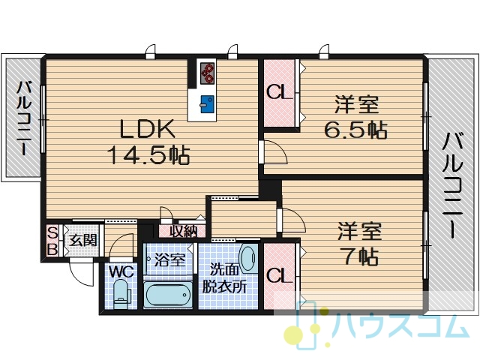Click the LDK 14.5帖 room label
coord(148,142)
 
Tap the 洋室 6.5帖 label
coord(356,117)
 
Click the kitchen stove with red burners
coord(208,73)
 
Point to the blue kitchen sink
coord(207,104)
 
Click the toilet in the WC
coord(121,293)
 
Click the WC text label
coord(121,271)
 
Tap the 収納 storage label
coord(183,231)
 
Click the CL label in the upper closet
coord(278,91)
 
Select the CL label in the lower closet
coord(278,276)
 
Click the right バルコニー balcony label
coord(453,184)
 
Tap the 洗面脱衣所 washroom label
coord(224,278)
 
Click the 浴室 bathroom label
coord(169,260)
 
